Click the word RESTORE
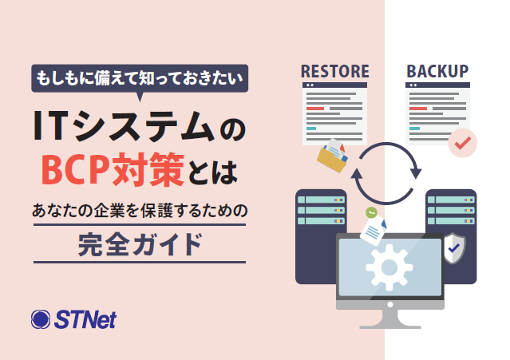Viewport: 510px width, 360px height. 334,71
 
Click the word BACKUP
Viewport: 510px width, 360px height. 437,71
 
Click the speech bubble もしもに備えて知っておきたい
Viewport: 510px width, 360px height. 140,77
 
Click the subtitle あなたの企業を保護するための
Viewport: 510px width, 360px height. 140,211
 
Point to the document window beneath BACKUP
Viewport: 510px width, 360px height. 437,112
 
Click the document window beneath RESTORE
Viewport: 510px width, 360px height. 334,112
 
